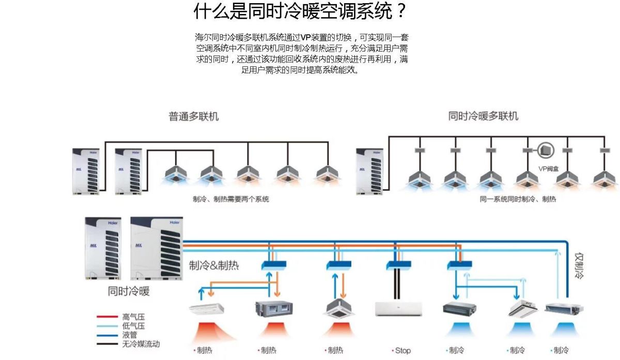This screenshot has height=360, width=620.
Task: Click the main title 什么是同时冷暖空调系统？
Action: click(x=300, y=11)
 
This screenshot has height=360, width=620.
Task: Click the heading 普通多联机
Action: click(x=194, y=117)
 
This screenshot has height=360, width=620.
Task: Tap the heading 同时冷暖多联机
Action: click(x=483, y=117)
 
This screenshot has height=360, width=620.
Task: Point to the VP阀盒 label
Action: click(x=549, y=168)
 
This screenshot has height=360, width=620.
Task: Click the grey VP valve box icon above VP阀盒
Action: click(x=546, y=150)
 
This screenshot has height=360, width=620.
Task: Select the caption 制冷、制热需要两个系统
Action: click(x=231, y=199)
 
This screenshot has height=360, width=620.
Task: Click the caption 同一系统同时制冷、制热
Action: click(x=517, y=199)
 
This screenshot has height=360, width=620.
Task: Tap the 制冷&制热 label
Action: click(x=214, y=265)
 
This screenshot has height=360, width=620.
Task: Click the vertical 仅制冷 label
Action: click(x=579, y=265)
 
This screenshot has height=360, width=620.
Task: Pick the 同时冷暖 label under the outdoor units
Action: click(x=129, y=291)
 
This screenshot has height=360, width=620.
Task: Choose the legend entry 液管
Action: click(x=130, y=335)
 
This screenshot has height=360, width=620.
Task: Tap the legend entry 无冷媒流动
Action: click(x=141, y=343)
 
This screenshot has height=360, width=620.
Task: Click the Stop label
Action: click(x=402, y=351)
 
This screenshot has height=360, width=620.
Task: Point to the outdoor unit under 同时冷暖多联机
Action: click(x=370, y=171)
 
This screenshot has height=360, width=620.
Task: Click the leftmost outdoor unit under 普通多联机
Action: click(x=85, y=171)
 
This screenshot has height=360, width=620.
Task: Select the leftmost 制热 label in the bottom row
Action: click(x=204, y=351)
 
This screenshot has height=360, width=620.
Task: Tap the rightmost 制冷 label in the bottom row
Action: click(x=561, y=351)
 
